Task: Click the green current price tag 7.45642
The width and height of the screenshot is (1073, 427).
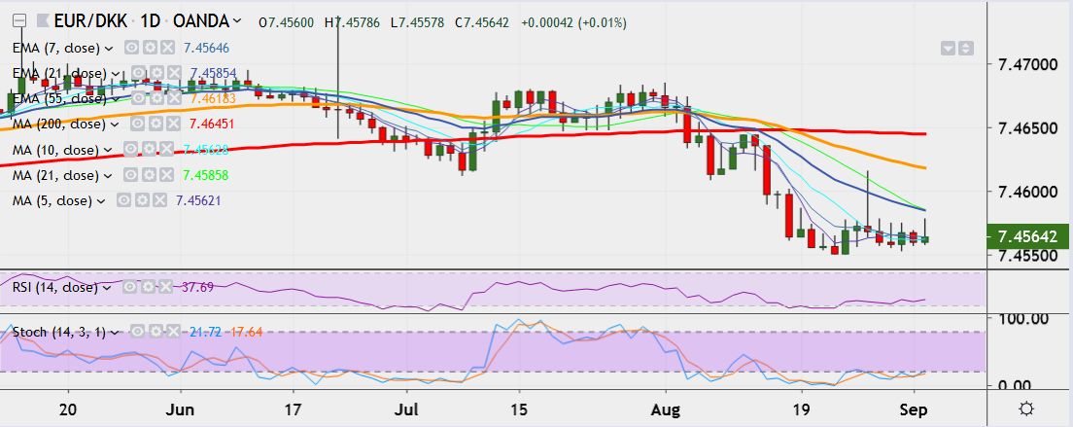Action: [1028, 236]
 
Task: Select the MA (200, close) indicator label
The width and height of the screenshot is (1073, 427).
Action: [55, 125]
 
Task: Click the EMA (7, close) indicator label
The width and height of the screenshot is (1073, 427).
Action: [57, 47]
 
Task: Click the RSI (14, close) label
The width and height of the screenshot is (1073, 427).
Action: [54, 287]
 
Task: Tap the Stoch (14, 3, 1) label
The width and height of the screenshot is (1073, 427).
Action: [59, 332]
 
